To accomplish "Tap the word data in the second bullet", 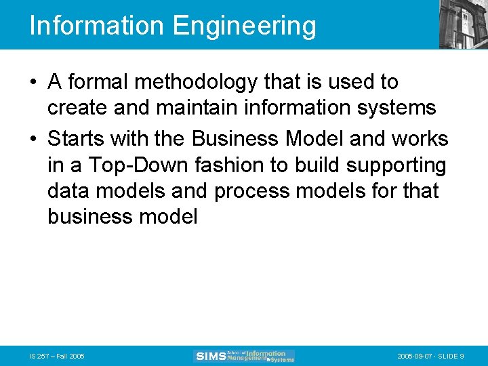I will (68, 191).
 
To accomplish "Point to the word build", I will (319, 165).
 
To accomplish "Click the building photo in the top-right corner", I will (464, 24).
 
